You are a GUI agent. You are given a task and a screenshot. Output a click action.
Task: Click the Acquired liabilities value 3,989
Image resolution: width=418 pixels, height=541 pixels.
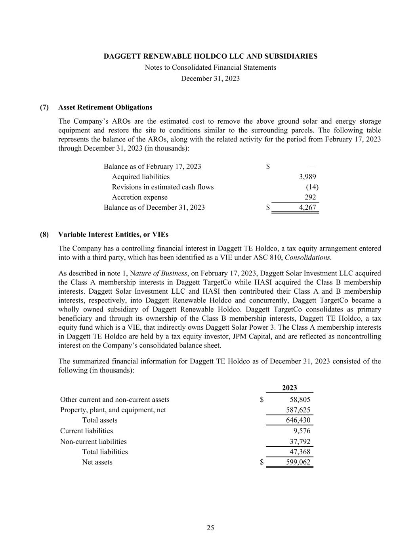(x=307, y=177)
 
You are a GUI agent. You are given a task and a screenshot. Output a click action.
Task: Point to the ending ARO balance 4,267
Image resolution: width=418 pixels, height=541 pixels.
(x=307, y=207)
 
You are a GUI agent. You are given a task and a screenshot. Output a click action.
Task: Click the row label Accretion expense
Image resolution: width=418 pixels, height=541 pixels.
(x=139, y=197)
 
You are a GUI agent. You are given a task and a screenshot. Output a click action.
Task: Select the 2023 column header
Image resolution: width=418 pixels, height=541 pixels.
(x=289, y=388)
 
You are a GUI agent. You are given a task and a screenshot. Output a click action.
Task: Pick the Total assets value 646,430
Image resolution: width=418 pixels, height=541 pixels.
(x=298, y=420)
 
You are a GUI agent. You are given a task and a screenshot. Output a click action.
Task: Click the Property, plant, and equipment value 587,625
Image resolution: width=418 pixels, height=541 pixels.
(x=298, y=410)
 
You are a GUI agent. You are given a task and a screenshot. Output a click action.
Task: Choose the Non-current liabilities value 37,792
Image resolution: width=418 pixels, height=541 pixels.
(x=300, y=442)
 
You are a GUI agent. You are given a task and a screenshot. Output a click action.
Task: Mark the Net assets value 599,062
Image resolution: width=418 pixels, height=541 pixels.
(x=298, y=462)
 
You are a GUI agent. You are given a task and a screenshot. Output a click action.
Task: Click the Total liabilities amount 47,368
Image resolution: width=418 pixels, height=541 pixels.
(x=300, y=452)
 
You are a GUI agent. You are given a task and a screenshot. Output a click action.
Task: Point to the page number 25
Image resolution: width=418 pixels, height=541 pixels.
(x=210, y=528)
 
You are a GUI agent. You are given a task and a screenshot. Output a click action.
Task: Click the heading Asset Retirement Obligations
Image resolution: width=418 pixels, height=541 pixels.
(x=105, y=107)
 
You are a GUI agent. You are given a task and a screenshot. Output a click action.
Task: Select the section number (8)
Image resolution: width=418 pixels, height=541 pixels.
(x=44, y=235)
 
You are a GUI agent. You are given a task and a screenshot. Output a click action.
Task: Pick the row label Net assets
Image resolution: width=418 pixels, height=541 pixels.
(x=97, y=462)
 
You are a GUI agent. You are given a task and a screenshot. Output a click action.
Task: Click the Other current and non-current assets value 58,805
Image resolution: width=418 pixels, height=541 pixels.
(x=300, y=400)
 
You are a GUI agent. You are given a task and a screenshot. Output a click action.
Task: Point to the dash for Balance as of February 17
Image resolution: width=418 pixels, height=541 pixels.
(x=312, y=166)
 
